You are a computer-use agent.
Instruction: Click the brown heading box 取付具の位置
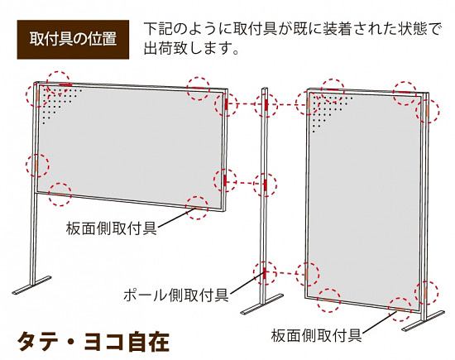tap(72, 39)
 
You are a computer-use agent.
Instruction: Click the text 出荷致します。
tap(191, 48)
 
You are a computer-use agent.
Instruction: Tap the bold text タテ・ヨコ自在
tap(93, 341)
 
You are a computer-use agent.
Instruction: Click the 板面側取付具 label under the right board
tap(315, 335)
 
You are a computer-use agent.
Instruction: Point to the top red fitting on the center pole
tap(266, 104)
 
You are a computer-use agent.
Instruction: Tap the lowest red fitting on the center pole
tap(266, 271)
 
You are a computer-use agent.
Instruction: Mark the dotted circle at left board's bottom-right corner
tap(197, 206)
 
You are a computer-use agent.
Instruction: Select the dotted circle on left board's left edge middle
tap(36, 164)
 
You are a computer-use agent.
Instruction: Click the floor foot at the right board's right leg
tap(423, 323)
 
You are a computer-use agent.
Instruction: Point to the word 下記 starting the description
tap(156, 29)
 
